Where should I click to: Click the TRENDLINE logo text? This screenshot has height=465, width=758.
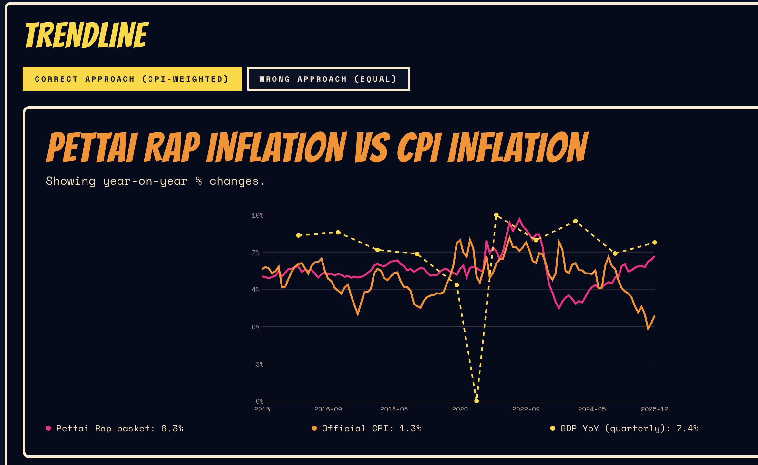[x=87, y=35]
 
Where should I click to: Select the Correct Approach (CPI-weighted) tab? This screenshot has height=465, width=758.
[x=132, y=79]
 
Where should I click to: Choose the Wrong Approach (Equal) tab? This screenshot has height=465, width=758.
[x=328, y=79]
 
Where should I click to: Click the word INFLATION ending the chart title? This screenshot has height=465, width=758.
[x=518, y=148]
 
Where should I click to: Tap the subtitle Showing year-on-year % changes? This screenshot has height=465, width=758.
[x=155, y=181]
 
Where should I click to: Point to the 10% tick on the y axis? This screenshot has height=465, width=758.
[x=257, y=215]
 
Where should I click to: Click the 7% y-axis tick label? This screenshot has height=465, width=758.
[x=255, y=253]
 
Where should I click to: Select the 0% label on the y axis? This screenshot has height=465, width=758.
[x=255, y=327]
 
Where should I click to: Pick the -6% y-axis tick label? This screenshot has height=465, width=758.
[x=257, y=401]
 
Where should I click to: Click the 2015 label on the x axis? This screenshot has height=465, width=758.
[x=262, y=409]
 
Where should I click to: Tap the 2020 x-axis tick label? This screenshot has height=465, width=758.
[x=460, y=409]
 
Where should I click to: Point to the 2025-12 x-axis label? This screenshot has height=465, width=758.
[x=654, y=409]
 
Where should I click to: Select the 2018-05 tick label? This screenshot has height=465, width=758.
[x=394, y=409]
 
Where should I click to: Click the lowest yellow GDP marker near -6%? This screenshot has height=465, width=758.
[x=476, y=401]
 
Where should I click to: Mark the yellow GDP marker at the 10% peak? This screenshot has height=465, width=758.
[x=496, y=215]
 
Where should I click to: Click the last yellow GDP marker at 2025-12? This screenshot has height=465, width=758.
[x=655, y=243]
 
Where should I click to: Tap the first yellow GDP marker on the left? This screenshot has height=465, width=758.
[x=298, y=235]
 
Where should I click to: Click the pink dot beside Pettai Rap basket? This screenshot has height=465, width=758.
[x=48, y=428]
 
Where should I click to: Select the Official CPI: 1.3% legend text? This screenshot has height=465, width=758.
[x=372, y=428]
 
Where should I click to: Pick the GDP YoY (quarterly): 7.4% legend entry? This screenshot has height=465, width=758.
[x=629, y=428]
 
